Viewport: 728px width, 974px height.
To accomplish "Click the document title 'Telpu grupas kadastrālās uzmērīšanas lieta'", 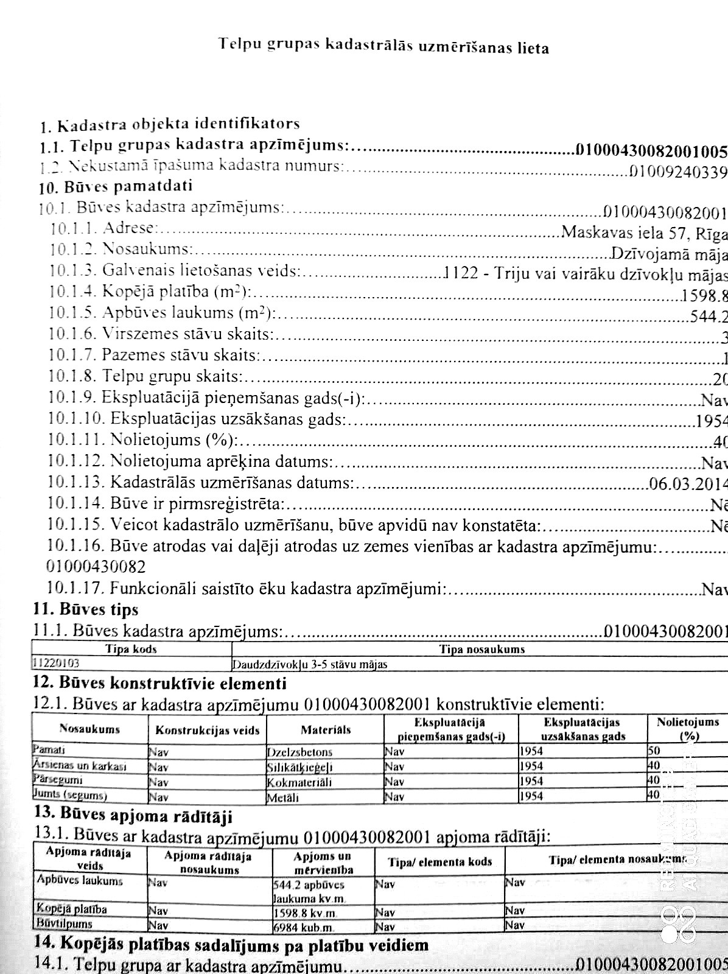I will [x=383, y=46].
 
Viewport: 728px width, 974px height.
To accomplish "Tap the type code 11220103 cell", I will [x=57, y=664].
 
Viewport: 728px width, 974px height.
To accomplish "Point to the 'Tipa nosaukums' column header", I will [x=481, y=650].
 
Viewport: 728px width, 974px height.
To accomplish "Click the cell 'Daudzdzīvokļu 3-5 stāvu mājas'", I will [x=310, y=664].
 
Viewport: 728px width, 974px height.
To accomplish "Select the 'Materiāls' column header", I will [x=325, y=729].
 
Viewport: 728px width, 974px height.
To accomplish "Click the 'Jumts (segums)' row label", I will [x=71, y=795].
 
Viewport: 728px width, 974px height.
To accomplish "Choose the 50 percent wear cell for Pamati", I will [x=654, y=751].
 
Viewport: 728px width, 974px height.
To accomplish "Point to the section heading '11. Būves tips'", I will [x=86, y=609].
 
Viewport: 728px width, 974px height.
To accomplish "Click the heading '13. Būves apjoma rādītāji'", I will [x=133, y=815].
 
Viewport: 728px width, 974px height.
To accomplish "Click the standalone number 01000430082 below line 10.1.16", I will [x=96, y=567].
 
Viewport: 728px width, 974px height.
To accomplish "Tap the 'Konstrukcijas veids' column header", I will [x=207, y=730].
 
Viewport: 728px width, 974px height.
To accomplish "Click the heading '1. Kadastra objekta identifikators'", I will [x=170, y=125].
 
